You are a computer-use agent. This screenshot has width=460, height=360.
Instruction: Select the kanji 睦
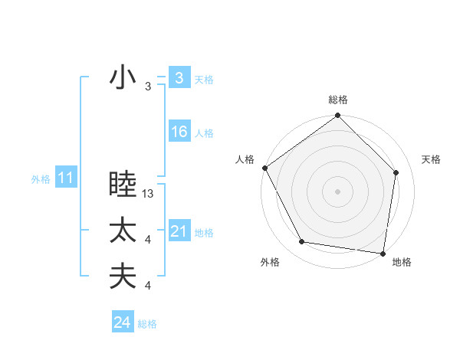coord(123,185)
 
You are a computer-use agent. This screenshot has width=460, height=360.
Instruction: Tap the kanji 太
coord(123,231)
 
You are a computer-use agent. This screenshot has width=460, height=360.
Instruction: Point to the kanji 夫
coord(123,276)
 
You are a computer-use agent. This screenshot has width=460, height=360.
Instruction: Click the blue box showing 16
coord(179,132)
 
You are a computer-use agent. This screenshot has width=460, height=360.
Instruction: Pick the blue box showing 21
coord(179,231)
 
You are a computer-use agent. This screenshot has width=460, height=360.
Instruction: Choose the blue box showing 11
coord(66,178)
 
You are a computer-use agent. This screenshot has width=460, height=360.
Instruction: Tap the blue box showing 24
coord(123,322)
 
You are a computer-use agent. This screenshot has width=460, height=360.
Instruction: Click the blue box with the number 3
coord(179,77)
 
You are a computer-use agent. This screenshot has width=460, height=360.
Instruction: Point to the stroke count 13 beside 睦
coord(148,195)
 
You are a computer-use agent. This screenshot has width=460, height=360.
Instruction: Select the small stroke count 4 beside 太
coord(148,241)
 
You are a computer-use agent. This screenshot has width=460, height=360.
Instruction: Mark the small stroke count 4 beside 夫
coord(148,286)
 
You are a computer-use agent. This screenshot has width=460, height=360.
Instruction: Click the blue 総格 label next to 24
coord(147,324)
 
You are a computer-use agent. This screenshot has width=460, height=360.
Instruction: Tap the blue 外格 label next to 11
coord(41,180)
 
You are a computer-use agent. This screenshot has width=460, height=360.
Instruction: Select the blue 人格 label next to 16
coord(204,133)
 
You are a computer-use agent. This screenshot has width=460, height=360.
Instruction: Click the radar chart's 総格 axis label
coord(338,100)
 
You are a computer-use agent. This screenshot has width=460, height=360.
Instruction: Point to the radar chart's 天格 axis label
coord(431,159)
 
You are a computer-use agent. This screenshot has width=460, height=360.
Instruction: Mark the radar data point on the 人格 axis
coord(264,168)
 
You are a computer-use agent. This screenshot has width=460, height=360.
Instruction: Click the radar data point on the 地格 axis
coord(383,252)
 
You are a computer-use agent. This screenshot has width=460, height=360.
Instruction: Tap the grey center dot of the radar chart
coord(338,191)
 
